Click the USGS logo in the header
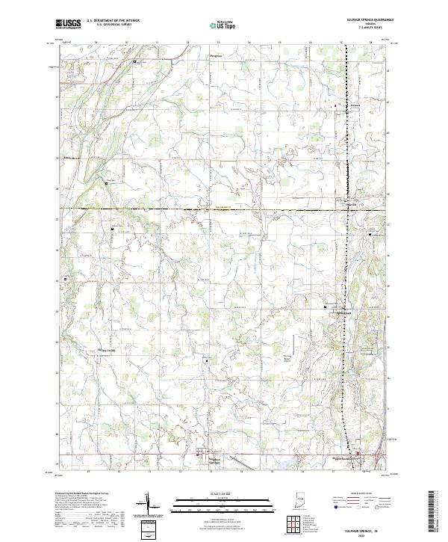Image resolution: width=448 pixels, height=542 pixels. point(69,24)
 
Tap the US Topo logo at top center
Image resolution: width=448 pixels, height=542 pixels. point(224,24)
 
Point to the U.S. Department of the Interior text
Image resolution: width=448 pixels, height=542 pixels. point(113,21)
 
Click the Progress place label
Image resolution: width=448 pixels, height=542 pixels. point(216,56)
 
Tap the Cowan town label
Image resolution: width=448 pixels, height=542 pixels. point(355,105)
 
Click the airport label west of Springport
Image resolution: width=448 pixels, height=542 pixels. point(308,338)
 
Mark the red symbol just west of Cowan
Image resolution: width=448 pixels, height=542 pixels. point(335,105)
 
